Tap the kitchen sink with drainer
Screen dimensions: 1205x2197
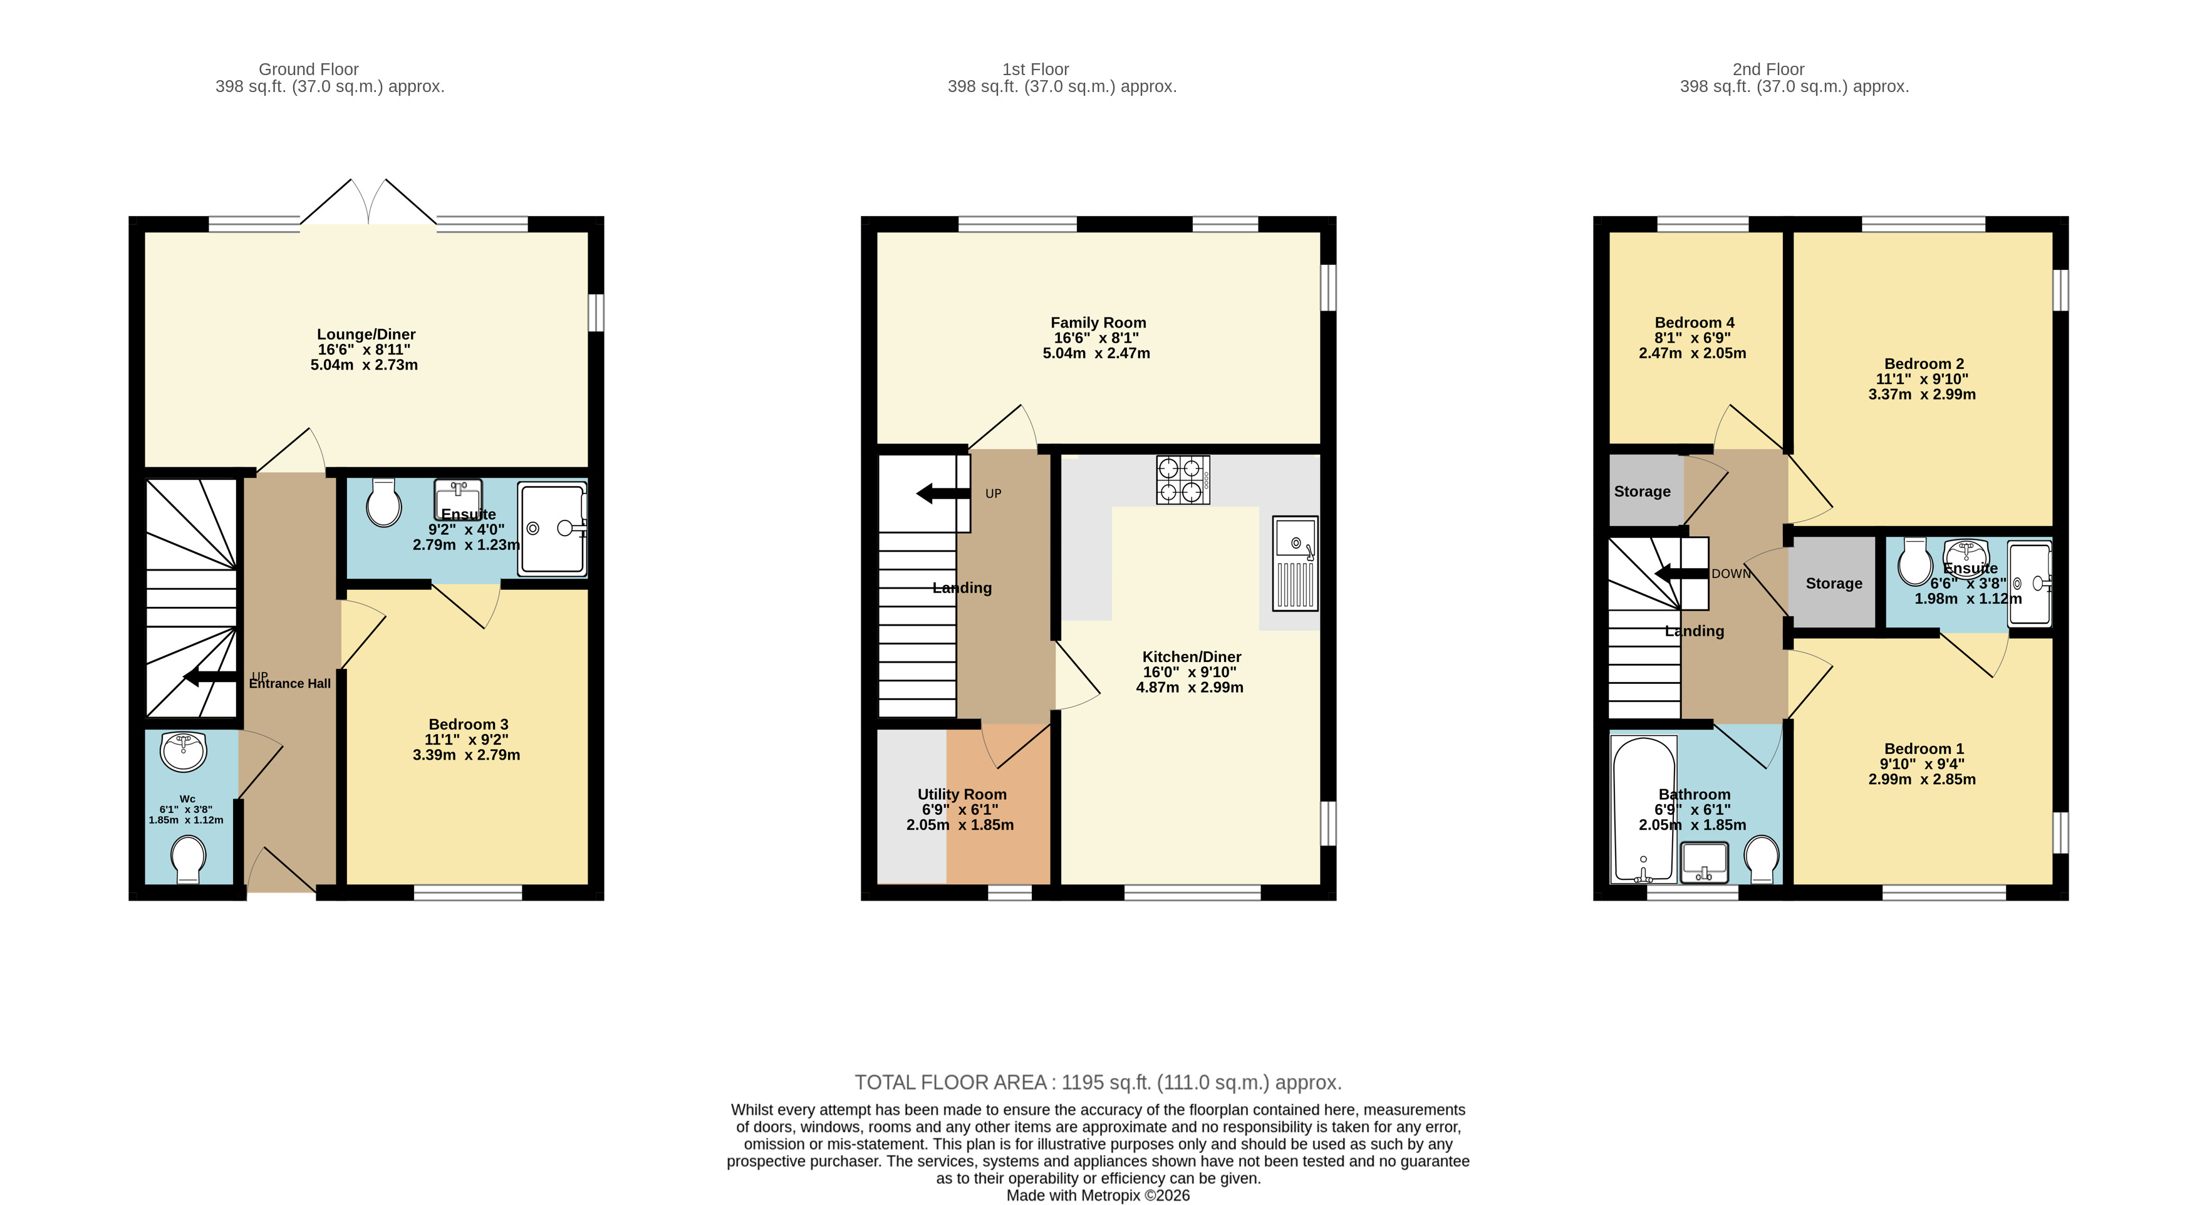1295,563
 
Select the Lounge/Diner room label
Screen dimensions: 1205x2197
366,334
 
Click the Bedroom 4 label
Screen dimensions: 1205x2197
1694,323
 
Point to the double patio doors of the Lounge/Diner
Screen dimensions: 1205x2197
368,205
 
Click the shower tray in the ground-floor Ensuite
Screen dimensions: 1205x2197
552,529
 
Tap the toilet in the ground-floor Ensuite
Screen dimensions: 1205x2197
384,503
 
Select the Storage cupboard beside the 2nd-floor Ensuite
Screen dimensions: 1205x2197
1833,583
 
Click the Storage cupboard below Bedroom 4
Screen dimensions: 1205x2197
1643,491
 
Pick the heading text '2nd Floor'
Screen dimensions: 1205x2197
1768,69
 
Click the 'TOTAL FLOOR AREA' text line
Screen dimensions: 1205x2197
1098,1082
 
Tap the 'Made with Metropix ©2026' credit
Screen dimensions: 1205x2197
1098,1195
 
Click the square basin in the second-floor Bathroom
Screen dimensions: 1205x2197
1703,862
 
